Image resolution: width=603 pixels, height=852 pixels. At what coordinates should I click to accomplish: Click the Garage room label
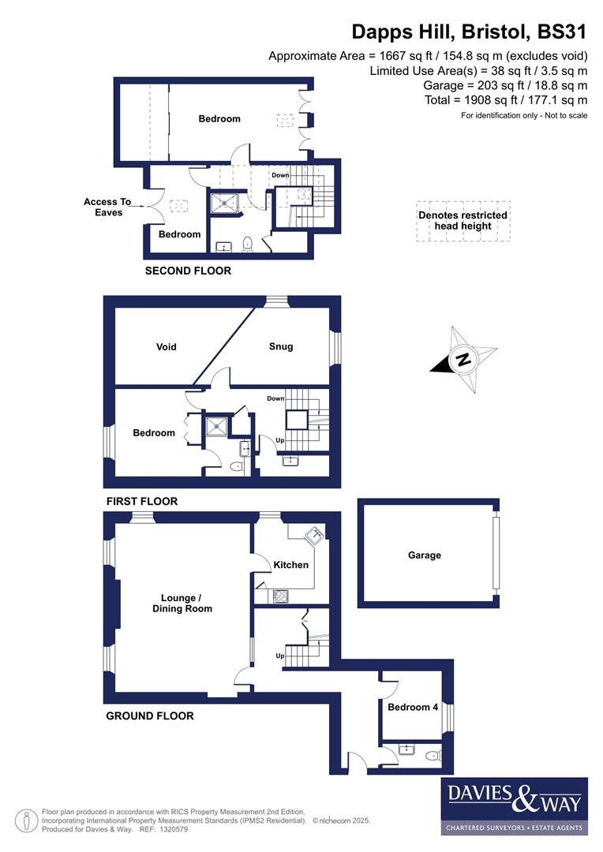[x=424, y=555]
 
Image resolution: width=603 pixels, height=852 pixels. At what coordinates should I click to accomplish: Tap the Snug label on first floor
[x=280, y=346]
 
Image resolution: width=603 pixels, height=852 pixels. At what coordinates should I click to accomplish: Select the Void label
[x=167, y=346]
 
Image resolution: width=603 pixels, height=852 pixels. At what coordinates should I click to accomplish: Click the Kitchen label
[x=290, y=565]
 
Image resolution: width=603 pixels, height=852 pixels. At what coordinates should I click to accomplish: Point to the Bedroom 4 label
[x=412, y=708]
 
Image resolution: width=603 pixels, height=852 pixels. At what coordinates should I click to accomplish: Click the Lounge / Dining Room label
[x=182, y=603]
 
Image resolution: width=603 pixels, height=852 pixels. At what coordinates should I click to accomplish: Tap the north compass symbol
[x=464, y=360]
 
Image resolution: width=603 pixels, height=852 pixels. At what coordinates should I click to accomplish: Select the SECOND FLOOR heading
[x=188, y=271]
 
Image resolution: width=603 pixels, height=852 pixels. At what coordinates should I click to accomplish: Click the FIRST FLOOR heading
[x=141, y=501]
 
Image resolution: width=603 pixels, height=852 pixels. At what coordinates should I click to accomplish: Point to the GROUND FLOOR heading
[x=149, y=716]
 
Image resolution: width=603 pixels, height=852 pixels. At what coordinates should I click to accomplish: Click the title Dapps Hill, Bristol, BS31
[x=469, y=32]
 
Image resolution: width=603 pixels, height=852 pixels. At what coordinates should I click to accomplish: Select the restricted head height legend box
[x=463, y=221]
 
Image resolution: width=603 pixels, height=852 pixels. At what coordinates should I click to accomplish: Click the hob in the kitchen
[x=279, y=596]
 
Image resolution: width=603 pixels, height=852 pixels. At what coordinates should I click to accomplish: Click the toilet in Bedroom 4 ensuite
[x=431, y=756]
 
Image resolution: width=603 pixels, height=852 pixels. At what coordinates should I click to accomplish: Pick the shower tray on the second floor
[x=226, y=202]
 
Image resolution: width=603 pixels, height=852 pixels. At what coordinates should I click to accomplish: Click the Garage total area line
[x=505, y=85]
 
